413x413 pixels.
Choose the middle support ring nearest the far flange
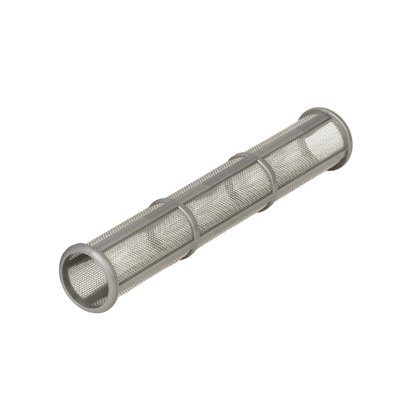[x=268, y=178]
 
